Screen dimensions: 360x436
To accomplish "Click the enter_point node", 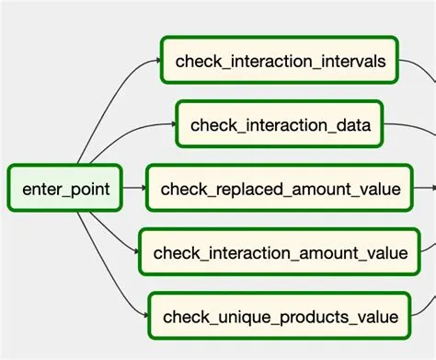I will point(66,190).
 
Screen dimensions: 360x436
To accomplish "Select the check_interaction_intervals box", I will point(280,61).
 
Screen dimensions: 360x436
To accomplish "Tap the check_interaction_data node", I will point(280,125).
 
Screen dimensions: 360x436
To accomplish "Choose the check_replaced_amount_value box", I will point(280,190).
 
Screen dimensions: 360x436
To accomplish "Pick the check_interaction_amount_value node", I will point(280,252).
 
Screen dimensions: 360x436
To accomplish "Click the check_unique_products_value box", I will point(280,317).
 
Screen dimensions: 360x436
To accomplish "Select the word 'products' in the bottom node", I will point(302,318).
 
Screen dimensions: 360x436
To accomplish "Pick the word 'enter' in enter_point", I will point(42,190).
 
